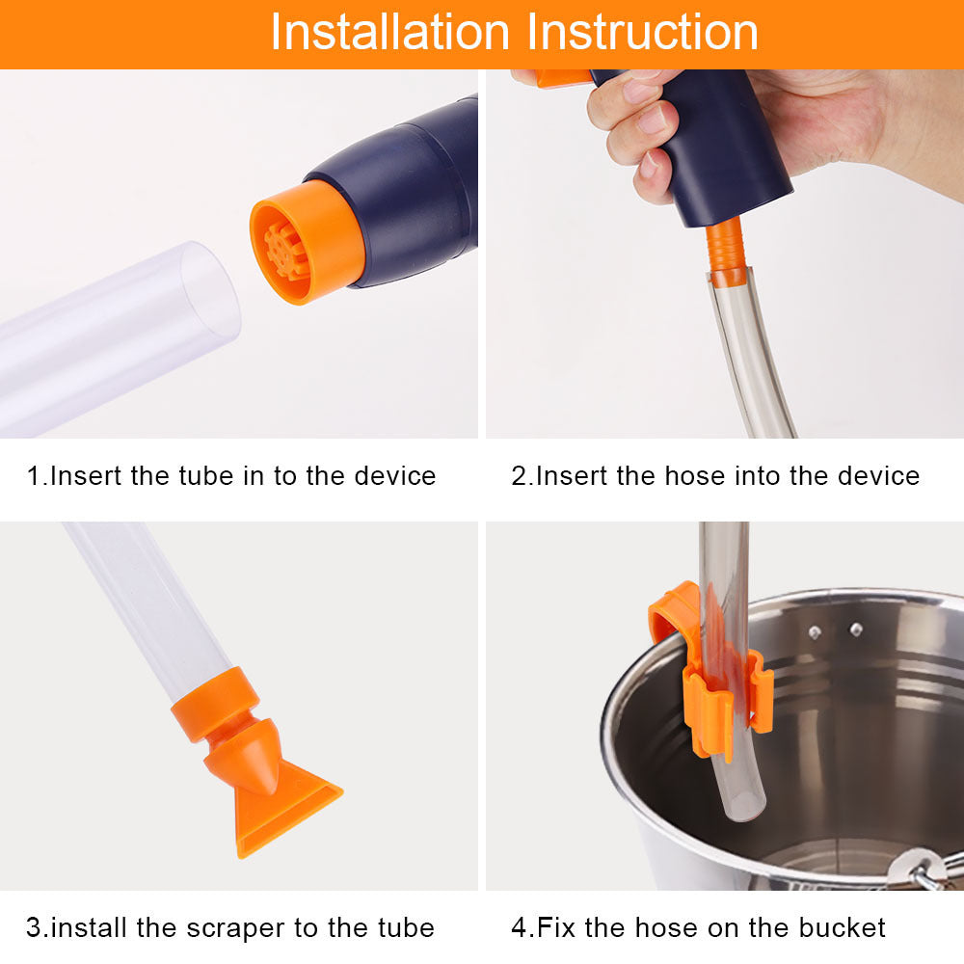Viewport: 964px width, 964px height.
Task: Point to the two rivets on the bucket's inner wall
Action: click(x=835, y=630)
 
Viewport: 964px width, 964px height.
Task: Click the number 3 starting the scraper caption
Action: click(x=33, y=928)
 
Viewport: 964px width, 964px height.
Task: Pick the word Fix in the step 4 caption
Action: click(x=555, y=928)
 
